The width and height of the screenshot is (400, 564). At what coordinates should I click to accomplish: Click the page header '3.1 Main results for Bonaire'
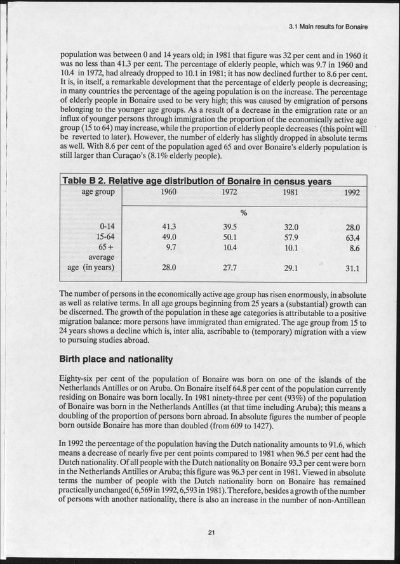coord(328,27)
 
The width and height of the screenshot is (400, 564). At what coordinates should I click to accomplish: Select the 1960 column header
coord(169,193)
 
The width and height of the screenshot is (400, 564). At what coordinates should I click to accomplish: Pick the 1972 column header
coord(230,193)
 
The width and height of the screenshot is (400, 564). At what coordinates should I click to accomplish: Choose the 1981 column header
coord(291,193)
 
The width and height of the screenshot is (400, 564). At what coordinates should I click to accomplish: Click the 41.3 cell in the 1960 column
coord(168,226)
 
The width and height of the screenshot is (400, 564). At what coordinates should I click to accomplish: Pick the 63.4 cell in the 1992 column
coord(352,238)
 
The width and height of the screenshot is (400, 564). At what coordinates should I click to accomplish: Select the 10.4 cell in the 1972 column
coord(230,248)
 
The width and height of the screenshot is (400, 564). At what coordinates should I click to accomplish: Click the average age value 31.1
coord(352,269)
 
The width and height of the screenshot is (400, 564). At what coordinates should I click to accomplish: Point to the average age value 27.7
coord(230,267)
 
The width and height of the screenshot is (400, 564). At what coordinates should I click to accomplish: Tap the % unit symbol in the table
coord(243,212)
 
